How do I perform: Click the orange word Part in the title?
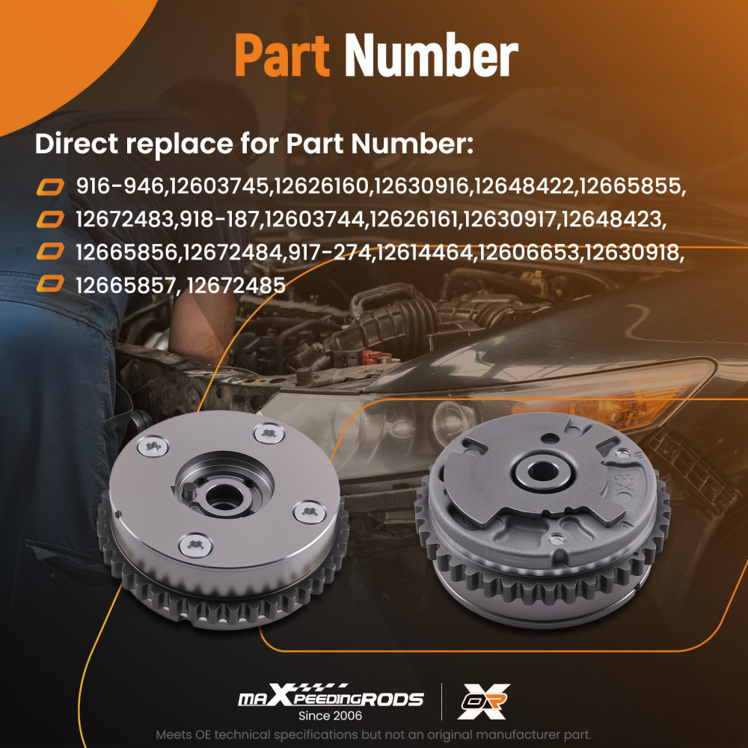282,55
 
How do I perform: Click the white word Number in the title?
432,55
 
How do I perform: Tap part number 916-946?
120,186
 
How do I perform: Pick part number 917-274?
330,252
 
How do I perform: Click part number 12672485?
236,286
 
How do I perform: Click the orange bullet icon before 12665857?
50,283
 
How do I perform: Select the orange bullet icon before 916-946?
50,187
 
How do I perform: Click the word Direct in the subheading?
77,144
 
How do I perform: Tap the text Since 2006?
330,716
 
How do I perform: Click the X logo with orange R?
483,702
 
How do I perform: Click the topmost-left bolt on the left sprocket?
153,447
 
